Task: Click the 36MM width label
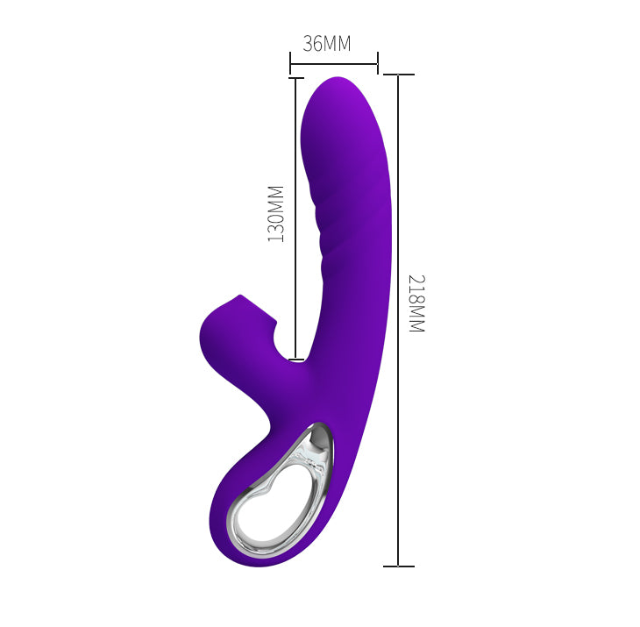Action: click(x=327, y=44)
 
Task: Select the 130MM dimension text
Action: click(x=277, y=213)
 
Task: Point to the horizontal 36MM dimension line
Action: click(x=333, y=62)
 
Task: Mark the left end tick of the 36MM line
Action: click(x=290, y=62)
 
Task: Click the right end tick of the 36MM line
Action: click(x=377, y=62)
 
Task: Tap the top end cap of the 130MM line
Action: click(x=295, y=78)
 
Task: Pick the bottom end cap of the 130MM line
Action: click(x=295, y=359)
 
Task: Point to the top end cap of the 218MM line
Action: click(x=398, y=75)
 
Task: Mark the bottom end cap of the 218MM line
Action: click(x=398, y=566)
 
